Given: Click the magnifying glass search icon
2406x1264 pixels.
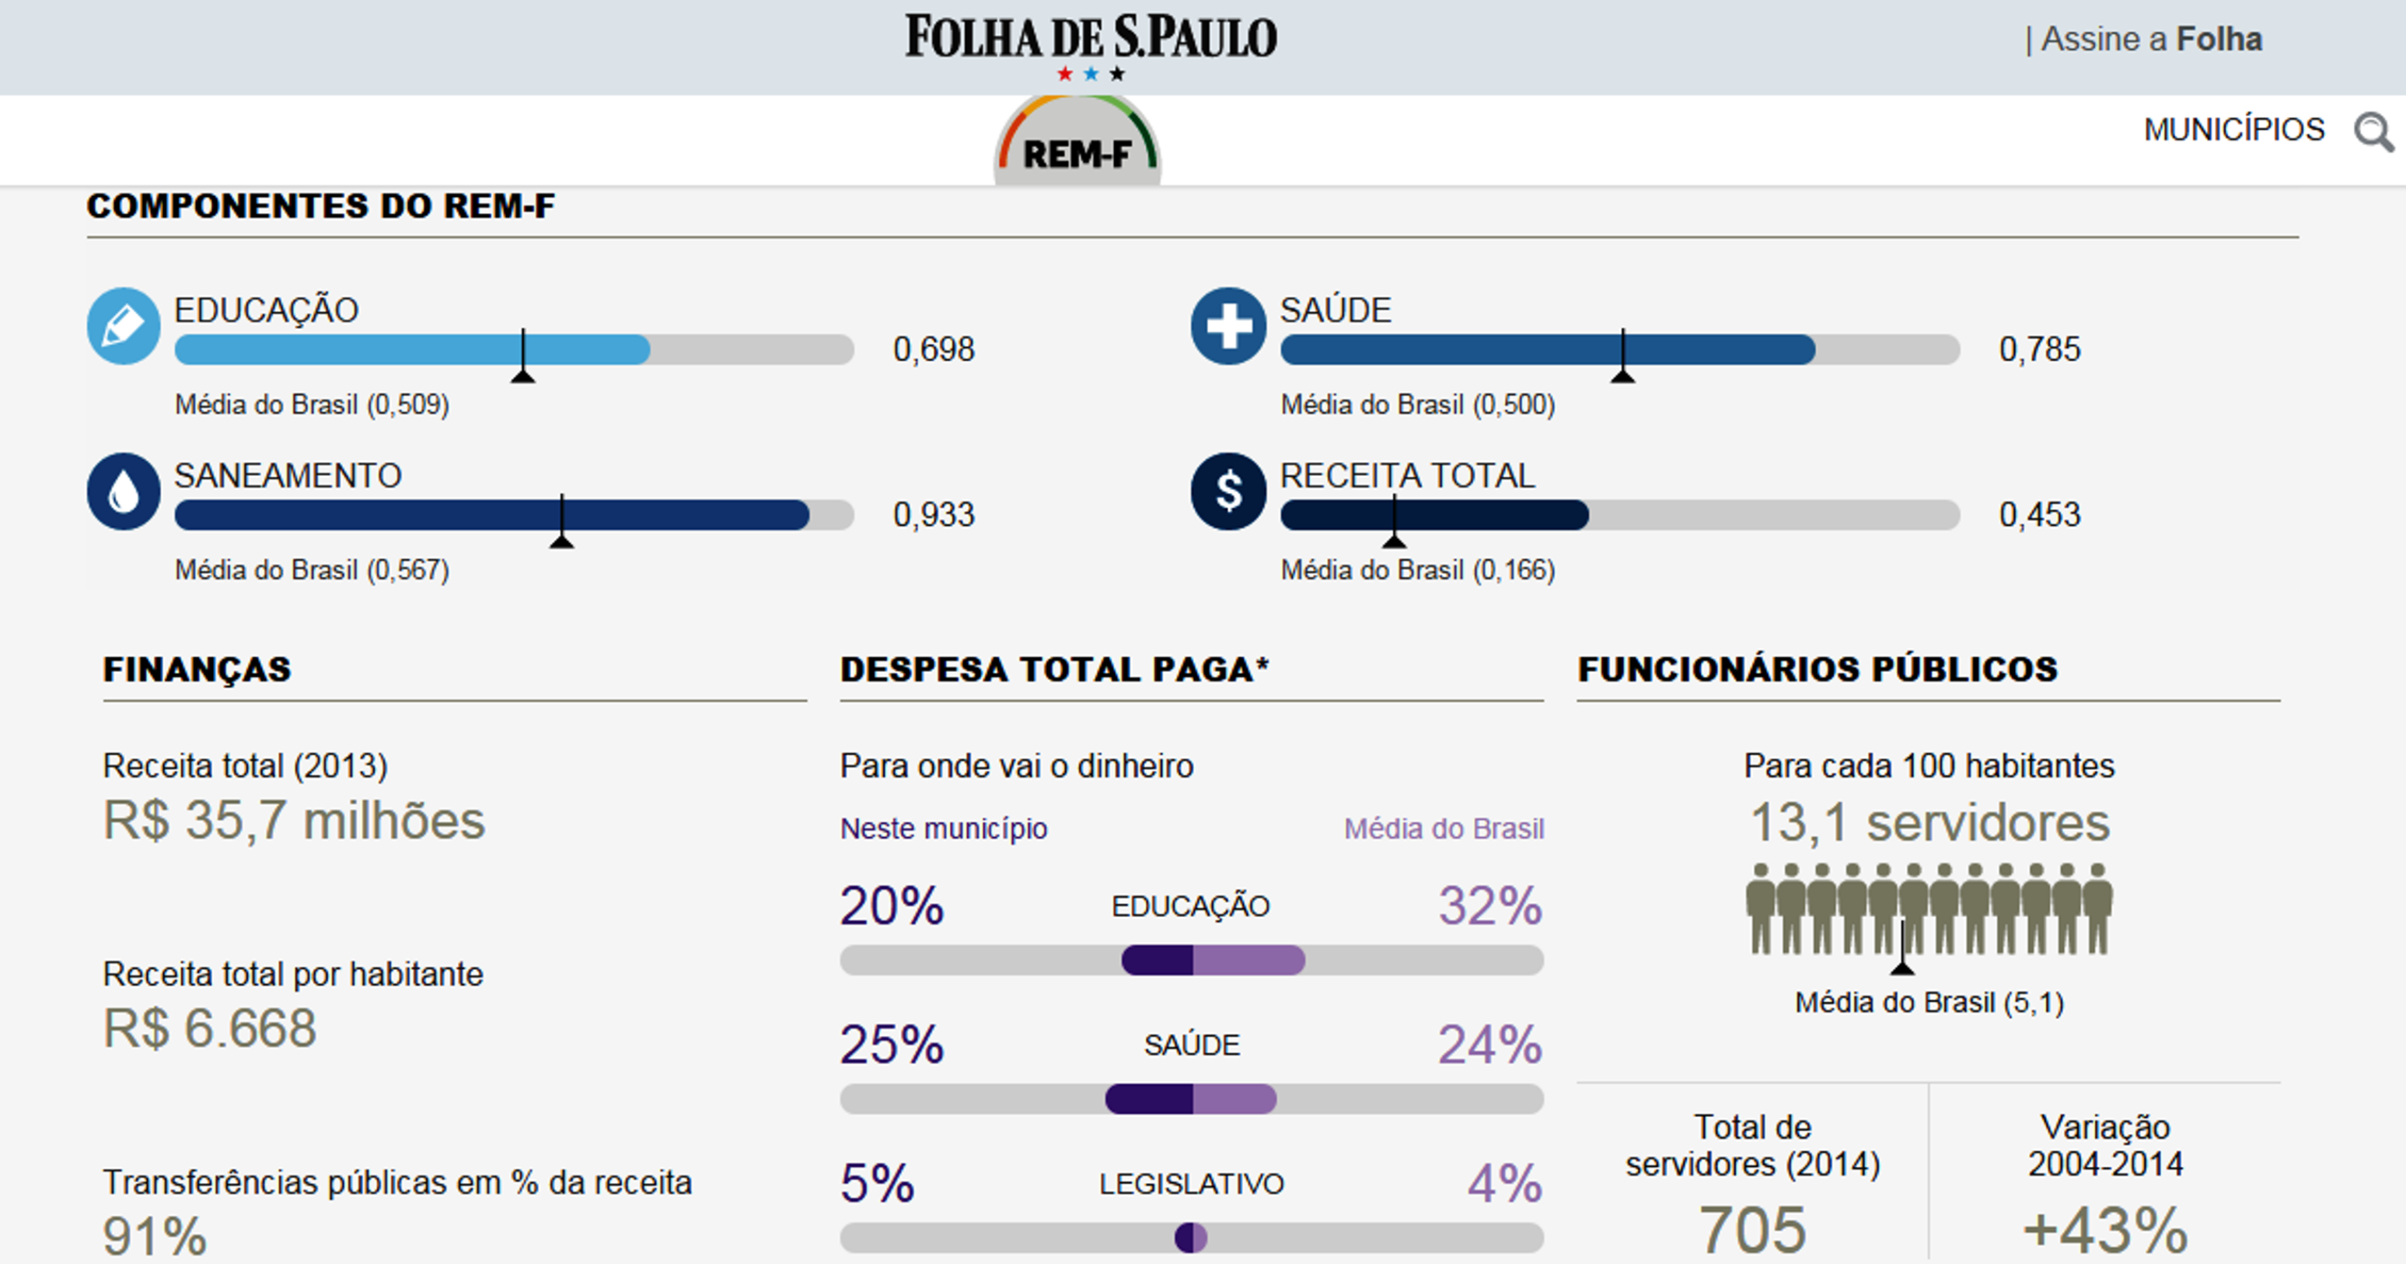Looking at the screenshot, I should click(x=2373, y=131).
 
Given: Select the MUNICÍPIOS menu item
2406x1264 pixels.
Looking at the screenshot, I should click(x=2233, y=130).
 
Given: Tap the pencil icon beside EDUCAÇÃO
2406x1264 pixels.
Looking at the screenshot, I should click(x=124, y=326).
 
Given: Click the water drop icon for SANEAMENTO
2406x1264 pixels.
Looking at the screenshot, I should click(x=124, y=492).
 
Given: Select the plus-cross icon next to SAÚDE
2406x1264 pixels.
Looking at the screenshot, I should click(x=1228, y=326).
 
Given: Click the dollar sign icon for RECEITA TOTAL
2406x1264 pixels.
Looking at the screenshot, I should click(x=1228, y=492).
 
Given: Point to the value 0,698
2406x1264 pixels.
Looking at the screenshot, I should click(x=933, y=349).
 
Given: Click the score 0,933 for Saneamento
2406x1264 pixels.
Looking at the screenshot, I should click(x=933, y=515).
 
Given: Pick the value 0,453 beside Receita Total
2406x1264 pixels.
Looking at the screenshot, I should click(x=2039, y=515).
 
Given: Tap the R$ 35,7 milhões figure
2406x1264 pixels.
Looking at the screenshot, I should click(x=293, y=821).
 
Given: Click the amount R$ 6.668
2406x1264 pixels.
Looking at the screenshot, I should click(x=209, y=1028).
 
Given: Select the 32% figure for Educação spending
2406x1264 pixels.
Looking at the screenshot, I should click(x=1489, y=905).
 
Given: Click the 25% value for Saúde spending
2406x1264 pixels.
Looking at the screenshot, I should click(x=891, y=1045).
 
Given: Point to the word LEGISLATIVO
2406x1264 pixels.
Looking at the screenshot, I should click(x=1191, y=1184).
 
